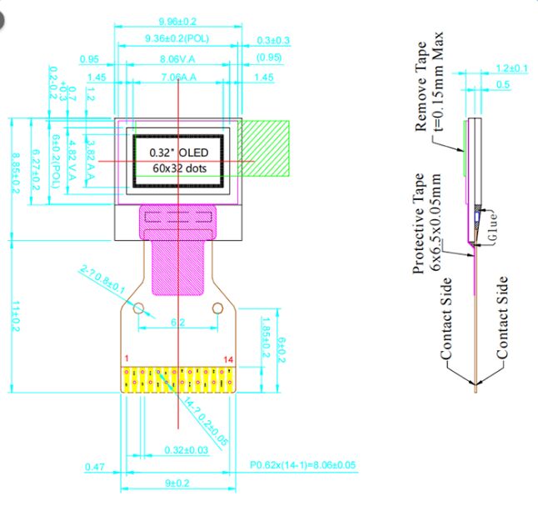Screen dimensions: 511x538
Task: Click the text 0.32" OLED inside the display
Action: pos(177,153)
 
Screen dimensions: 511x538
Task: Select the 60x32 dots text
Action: pos(177,168)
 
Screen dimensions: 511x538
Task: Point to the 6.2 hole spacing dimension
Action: pos(177,322)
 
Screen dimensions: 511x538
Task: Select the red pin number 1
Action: pos(126,358)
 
